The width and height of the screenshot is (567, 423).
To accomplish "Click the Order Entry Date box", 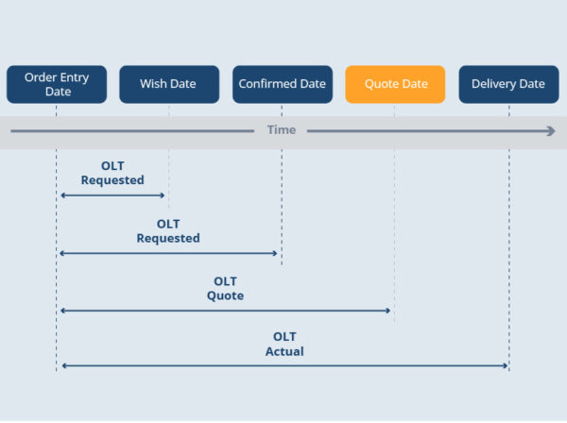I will tap(56, 84).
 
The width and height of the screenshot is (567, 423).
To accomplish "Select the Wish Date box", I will tap(169, 84).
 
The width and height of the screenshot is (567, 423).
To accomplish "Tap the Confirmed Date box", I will tap(282, 84).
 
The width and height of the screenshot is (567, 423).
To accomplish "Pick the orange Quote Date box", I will tap(395, 84).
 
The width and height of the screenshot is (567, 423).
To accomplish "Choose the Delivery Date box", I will tap(508, 84).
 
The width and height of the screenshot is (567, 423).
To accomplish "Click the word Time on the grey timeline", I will tap(281, 130).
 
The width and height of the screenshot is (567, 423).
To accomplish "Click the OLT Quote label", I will tap(225, 289).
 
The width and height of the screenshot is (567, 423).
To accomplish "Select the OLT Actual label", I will tap(284, 344).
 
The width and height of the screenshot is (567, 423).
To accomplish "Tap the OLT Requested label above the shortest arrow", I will tap(112, 173).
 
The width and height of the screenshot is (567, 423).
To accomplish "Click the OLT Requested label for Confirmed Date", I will tap(168, 231).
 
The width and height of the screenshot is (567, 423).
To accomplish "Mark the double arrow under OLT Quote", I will tap(225, 311).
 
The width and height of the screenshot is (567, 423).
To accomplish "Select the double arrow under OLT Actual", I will tap(284, 365).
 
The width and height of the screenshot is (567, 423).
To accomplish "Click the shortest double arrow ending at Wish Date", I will tap(112, 195).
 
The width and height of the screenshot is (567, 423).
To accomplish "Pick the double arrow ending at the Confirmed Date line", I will tap(168, 253).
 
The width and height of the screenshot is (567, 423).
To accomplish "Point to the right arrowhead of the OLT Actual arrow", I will tap(505, 365).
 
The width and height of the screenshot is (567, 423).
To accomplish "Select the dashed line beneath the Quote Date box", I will tap(395, 217).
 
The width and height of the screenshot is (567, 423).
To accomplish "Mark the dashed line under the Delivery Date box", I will tap(508, 245).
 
